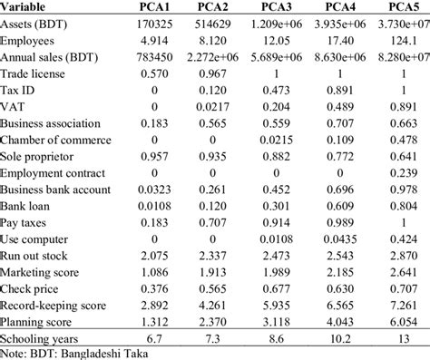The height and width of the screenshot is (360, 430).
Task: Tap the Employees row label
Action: tap(31, 41)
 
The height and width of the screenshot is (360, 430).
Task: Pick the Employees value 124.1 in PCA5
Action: tap(399, 41)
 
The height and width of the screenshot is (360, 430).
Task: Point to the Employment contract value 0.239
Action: tap(399, 172)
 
